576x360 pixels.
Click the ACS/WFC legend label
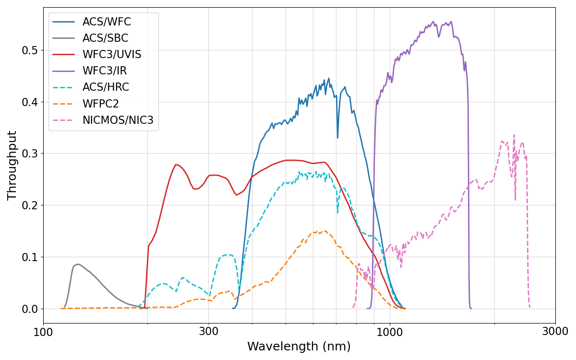click(x=107, y=22)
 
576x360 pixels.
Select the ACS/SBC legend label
click(x=105, y=38)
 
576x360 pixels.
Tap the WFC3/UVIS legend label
click(x=112, y=55)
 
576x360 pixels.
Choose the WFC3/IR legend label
click(x=105, y=71)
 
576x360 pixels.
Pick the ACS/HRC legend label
click(x=106, y=87)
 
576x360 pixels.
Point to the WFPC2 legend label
click(x=101, y=104)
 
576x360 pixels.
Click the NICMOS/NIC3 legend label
click(x=118, y=120)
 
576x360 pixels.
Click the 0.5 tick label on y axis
click(x=30, y=50)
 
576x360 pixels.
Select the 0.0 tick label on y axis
click(x=30, y=309)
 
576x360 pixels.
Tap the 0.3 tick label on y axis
click(x=30, y=154)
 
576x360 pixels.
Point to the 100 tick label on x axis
click(x=43, y=331)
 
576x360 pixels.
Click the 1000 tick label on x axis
click(x=390, y=331)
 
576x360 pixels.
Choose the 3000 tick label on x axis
click(x=555, y=331)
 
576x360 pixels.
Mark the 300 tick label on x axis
click(x=208, y=331)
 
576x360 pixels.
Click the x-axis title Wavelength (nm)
click(x=299, y=347)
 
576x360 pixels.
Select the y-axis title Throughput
click(x=12, y=165)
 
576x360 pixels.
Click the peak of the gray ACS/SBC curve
click(x=78, y=264)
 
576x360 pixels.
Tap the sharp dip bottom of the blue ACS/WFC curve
click(x=337, y=138)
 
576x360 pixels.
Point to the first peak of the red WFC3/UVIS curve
click(x=176, y=164)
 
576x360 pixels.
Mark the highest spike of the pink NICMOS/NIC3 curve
click(x=514, y=135)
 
